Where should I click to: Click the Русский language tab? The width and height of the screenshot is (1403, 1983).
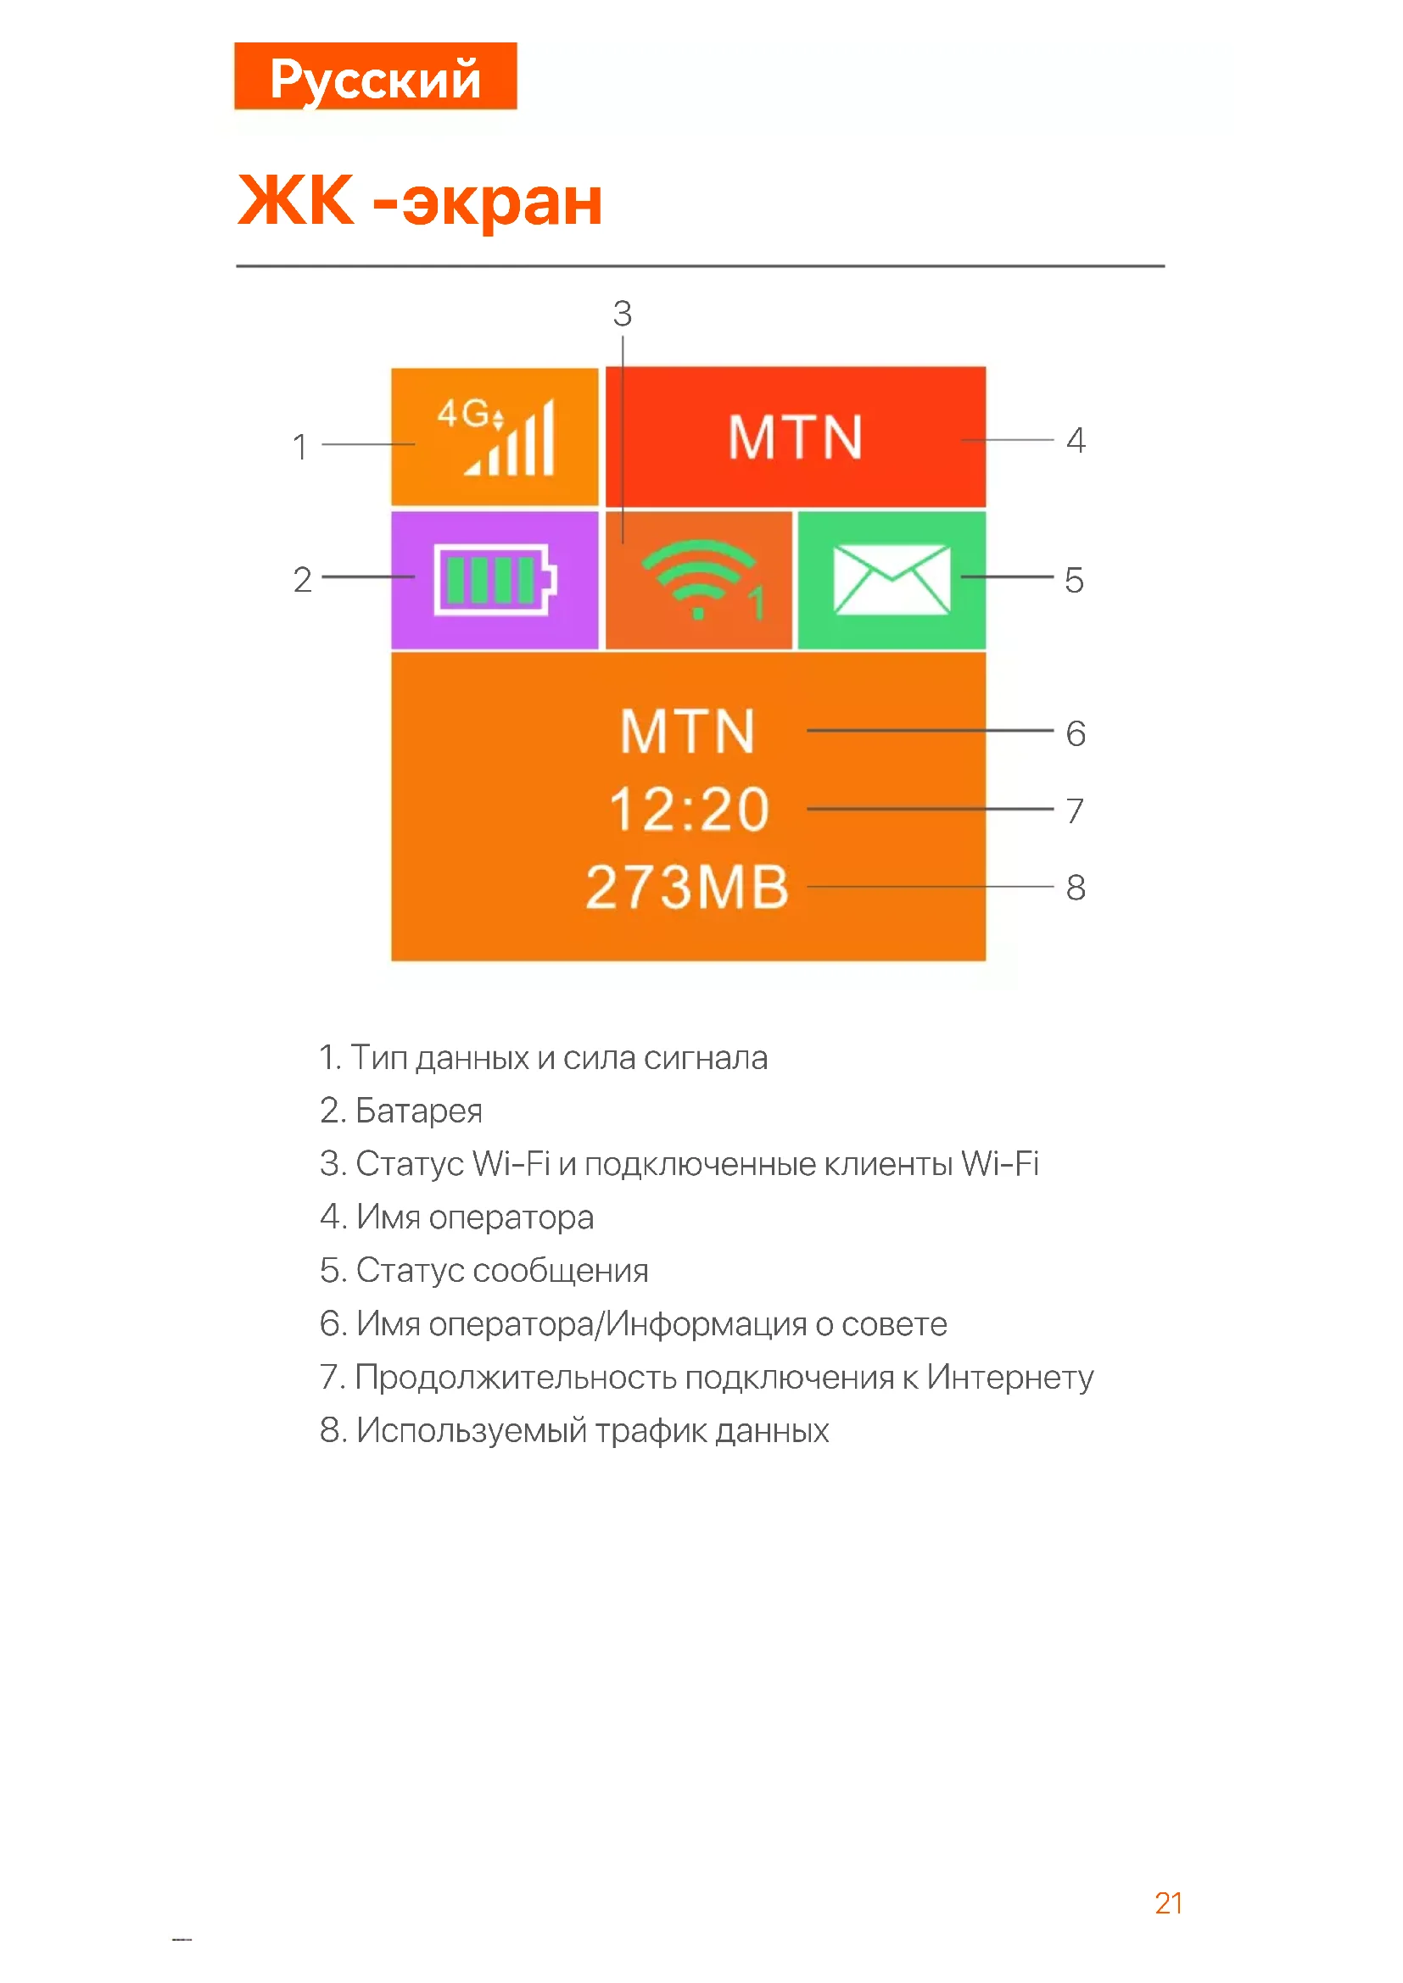tap(375, 78)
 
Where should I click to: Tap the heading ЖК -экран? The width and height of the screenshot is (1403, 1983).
tap(420, 200)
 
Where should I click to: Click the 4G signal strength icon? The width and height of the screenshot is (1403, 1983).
tap(498, 437)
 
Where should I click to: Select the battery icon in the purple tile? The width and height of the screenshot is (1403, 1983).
tap(495, 580)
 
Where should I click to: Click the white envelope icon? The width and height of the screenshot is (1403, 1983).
tap(892, 580)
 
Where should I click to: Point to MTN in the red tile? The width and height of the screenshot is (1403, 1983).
tap(795, 437)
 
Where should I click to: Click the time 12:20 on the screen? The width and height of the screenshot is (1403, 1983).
tap(689, 810)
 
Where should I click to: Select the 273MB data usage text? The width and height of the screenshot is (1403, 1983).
tap(688, 888)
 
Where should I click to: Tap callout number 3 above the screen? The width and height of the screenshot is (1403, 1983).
tap(623, 314)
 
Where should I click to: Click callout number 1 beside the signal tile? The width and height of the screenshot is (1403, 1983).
tap(299, 447)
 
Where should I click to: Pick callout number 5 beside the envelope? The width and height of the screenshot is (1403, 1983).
tap(1074, 581)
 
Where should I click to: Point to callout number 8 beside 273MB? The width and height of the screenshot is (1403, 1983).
tap(1076, 888)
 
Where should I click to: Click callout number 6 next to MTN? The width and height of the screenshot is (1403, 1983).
tap(1076, 734)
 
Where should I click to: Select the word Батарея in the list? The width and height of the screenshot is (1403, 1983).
tap(419, 1111)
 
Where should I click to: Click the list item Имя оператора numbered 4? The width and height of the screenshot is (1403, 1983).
tap(474, 1217)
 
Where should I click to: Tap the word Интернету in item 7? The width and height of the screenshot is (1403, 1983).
tap(1010, 1378)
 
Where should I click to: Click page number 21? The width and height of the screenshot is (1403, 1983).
tap(1168, 1903)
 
